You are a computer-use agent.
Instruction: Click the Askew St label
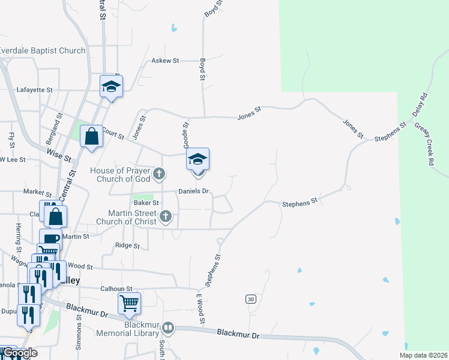tap(165, 61)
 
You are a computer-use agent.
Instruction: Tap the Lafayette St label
tap(35, 89)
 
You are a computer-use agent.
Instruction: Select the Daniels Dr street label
tap(193, 191)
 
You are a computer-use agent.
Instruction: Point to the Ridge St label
tap(127, 246)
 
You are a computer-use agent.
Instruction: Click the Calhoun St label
tap(116, 289)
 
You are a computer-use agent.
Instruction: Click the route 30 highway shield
tap(250, 299)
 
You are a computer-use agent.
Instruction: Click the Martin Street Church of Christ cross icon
tap(167, 217)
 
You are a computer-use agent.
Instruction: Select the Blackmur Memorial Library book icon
tap(168, 328)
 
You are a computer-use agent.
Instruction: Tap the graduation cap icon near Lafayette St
tap(111, 86)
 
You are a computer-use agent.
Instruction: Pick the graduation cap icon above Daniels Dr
tap(197, 159)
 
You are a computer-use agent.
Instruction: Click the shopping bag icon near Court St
tap(91, 136)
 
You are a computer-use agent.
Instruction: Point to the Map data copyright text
tap(423, 355)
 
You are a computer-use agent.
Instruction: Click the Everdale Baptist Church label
tap(43, 51)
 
